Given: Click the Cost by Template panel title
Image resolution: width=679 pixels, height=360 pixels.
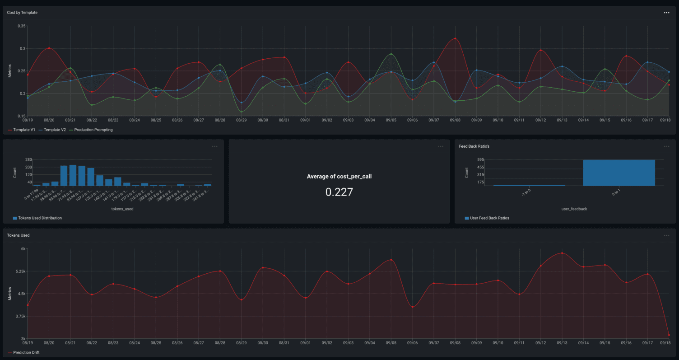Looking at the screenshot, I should pyautogui.click(x=22, y=13).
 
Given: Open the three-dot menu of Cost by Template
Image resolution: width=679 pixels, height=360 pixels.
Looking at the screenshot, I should pyautogui.click(x=666, y=13).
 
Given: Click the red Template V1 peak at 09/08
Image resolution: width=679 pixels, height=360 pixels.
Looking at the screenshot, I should pyautogui.click(x=455, y=39).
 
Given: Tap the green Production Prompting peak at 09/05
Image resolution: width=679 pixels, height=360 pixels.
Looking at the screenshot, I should pyautogui.click(x=391, y=54).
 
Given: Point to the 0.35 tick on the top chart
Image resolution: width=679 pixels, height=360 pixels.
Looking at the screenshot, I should pyautogui.click(x=22, y=26).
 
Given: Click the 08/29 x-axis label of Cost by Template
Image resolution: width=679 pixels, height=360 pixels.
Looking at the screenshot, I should pyautogui.click(x=242, y=121).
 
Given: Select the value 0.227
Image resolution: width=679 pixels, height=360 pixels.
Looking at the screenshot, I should pyautogui.click(x=339, y=192).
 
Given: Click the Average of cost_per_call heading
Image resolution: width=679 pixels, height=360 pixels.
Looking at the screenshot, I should pyautogui.click(x=339, y=177).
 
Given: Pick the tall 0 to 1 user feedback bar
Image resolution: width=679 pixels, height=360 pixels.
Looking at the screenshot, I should pyautogui.click(x=619, y=173).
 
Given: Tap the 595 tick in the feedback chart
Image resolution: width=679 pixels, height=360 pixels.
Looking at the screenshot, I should pyautogui.click(x=480, y=159).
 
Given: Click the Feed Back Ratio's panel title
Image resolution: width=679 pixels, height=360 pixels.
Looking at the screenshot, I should pyautogui.click(x=474, y=146).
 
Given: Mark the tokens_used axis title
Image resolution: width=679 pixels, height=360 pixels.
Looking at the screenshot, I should pyautogui.click(x=122, y=209).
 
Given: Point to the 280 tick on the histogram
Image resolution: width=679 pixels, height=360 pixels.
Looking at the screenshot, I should pyautogui.click(x=28, y=159).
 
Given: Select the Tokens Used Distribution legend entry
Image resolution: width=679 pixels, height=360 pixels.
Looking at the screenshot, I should pyautogui.click(x=40, y=218).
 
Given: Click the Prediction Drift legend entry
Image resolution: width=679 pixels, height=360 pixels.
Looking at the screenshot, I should pyautogui.click(x=26, y=352).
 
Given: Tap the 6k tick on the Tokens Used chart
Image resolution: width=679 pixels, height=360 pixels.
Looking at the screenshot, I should pyautogui.click(x=23, y=249).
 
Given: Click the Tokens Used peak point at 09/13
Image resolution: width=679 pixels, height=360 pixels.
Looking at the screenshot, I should pyautogui.click(x=562, y=253).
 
